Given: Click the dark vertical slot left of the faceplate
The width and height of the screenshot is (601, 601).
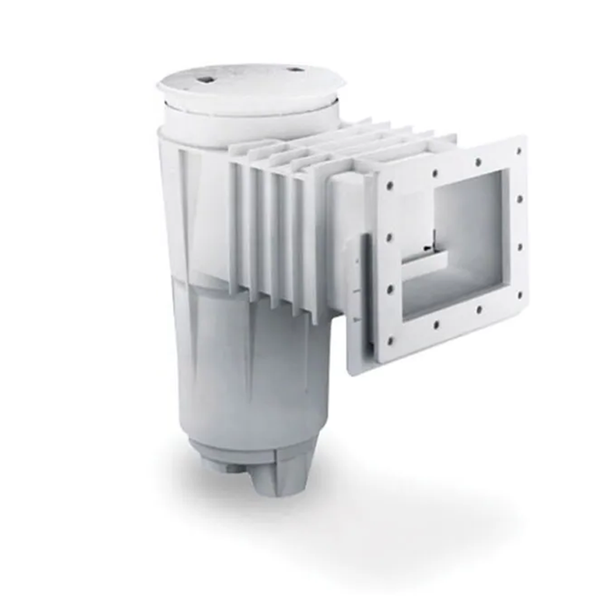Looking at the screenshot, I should click(x=367, y=290).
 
